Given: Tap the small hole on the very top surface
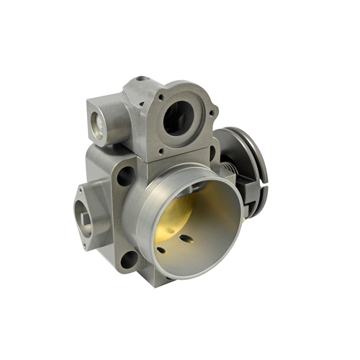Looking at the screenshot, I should (143, 78).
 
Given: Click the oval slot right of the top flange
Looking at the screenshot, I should (213, 153).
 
